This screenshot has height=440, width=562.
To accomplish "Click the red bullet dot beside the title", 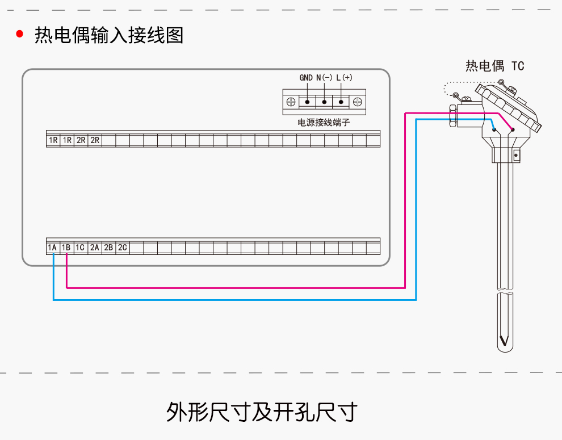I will point(20,35).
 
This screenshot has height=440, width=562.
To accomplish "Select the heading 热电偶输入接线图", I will point(109,35).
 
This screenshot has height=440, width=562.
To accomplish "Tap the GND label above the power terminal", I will point(306,78).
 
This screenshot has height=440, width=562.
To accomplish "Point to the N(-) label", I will point(324,78).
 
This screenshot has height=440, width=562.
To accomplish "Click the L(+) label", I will point(344,78).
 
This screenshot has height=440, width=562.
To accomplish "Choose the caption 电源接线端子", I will point(324,122).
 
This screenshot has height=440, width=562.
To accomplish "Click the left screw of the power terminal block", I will point(290,102).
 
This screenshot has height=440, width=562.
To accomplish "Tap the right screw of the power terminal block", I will point(358,102).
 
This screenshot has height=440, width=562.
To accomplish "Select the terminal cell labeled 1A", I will point(53,248).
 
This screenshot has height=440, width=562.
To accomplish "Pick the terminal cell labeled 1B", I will point(66,248).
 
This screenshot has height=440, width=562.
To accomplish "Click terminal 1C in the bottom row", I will point(81,248).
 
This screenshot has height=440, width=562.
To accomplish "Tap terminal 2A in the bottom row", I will point(94,248).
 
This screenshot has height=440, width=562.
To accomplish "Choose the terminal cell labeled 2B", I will point(108,248).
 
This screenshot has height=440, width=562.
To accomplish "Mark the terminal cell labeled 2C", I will point(122,248).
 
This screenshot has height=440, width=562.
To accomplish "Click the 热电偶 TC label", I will point(494,66).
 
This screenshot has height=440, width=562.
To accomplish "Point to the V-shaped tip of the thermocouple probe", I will point(504,342).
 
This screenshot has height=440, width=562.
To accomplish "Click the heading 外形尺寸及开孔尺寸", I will point(262,412).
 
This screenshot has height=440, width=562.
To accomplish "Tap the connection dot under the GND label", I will point(307,102).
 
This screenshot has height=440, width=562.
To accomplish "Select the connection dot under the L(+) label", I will point(341,102).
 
